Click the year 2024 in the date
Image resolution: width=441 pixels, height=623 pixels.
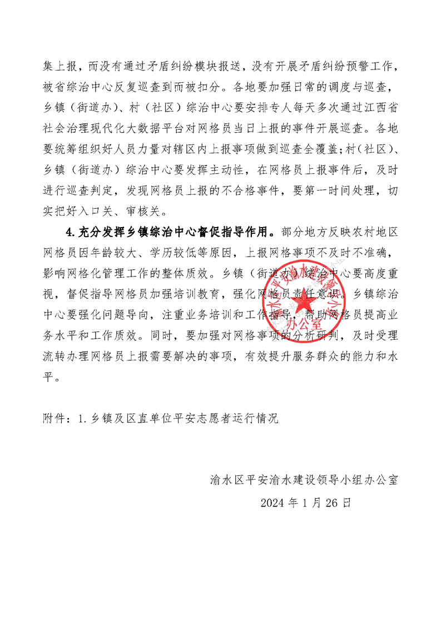(272, 503)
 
